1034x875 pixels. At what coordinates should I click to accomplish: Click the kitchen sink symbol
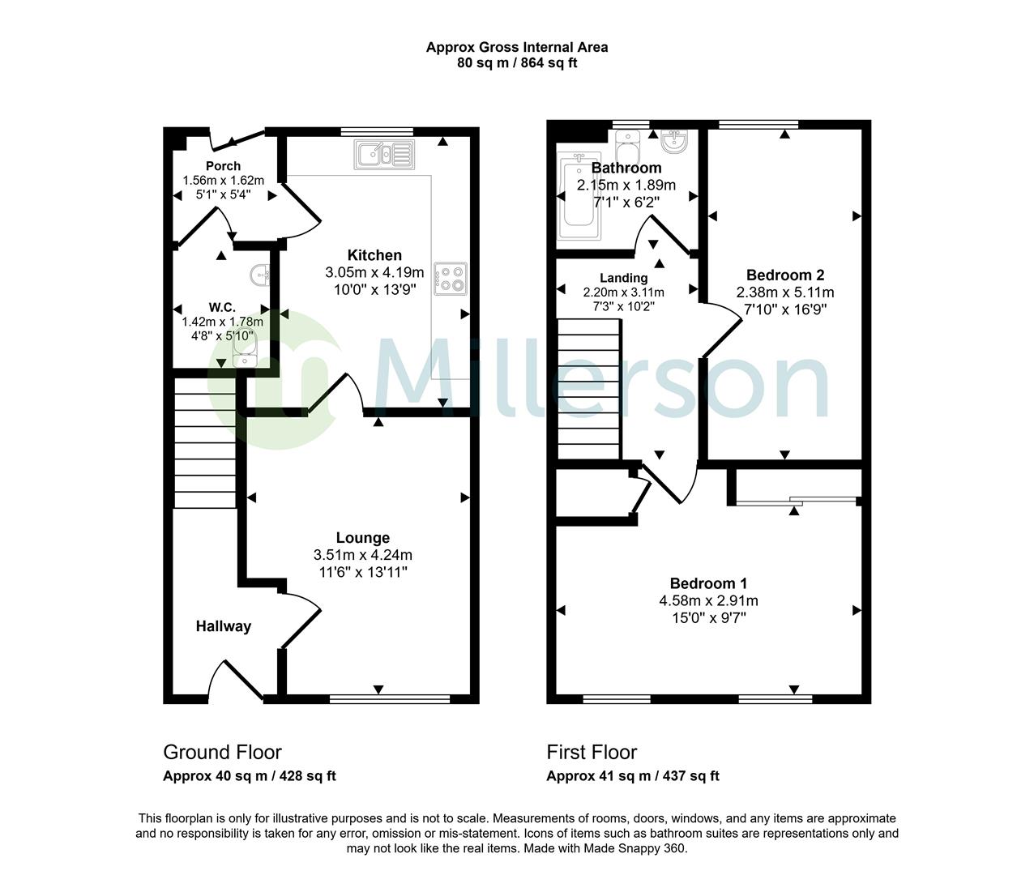(384, 155)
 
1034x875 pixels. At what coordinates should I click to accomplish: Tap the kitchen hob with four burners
(451, 279)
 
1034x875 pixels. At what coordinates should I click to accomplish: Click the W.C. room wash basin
(260, 275)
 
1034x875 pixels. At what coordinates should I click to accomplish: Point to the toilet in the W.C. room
(245, 349)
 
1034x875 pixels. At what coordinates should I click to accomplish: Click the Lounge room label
(363, 537)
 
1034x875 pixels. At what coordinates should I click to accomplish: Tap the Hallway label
(223, 626)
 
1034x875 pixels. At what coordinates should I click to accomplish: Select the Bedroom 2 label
(785, 275)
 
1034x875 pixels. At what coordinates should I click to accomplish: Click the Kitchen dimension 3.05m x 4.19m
(374, 272)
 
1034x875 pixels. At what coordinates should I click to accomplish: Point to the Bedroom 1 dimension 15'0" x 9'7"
(709, 618)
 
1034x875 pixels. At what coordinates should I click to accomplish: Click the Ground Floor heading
(223, 752)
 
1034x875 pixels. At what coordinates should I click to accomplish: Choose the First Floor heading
(592, 752)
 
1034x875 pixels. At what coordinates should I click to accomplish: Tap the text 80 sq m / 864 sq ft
(517, 63)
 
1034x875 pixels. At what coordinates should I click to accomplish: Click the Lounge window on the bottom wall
(390, 699)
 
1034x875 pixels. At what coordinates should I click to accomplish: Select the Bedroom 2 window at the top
(758, 124)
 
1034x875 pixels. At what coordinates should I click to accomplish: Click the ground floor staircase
(204, 442)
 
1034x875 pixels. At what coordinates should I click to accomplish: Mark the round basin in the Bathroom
(676, 141)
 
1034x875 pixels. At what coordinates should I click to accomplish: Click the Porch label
(223, 165)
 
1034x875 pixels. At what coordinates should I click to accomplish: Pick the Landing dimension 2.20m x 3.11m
(624, 292)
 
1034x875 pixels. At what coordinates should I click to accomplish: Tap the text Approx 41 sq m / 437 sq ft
(633, 776)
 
